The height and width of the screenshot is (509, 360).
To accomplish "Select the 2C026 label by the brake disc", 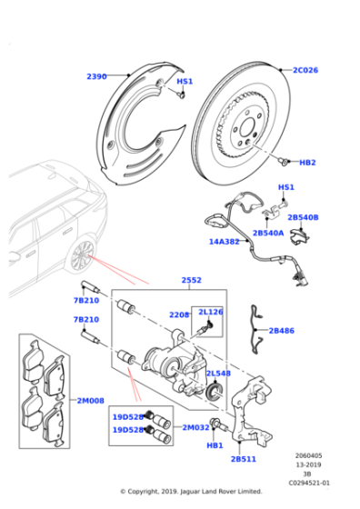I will point(307,69).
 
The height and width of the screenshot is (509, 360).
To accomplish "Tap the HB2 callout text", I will point(307,162).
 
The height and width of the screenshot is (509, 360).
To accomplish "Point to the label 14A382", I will point(225,242).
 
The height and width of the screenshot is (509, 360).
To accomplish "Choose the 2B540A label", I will point(268,233).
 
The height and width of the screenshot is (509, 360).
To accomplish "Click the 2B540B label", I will point(304,217).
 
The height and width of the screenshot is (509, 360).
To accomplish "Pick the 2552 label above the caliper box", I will point(192,281).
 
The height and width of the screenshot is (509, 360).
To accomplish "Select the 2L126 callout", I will point(211,312).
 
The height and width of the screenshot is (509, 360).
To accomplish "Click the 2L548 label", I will point(217,374).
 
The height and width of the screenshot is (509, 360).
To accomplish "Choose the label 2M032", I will point(196,427).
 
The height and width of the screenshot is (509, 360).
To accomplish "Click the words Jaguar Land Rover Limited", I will point(221,492).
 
